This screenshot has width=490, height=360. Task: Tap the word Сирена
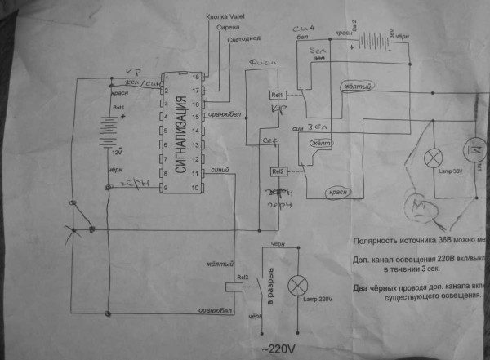[226, 27]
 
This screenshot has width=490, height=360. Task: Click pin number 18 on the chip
[194, 76]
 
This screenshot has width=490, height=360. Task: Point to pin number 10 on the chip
[194, 187]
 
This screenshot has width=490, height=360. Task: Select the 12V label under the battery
[116, 152]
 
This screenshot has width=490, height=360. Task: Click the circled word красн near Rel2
[338, 191]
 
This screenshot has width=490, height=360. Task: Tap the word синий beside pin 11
[218, 170]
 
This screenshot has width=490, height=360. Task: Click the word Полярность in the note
[378, 241]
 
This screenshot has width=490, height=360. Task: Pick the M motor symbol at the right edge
[478, 149]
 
